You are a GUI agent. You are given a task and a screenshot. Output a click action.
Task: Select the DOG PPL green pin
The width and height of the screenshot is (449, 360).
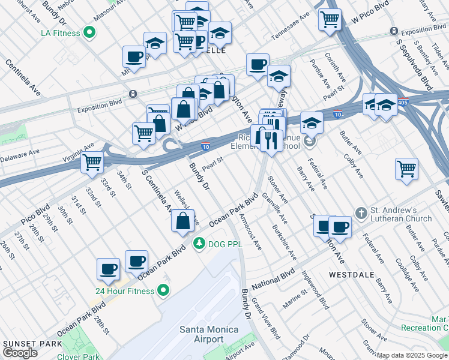click(x=198, y=244)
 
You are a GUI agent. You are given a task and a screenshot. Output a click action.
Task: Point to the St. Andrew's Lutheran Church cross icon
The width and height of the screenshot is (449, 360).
click(x=361, y=213)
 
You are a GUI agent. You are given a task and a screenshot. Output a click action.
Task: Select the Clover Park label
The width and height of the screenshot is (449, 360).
click(x=78, y=356)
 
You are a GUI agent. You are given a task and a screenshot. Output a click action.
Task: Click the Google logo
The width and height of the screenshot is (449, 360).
click(x=20, y=353)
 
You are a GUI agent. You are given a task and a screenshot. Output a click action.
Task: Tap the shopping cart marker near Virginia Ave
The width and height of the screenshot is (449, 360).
click(x=92, y=161)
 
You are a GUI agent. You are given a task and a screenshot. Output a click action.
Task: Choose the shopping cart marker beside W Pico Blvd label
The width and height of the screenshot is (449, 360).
click(x=330, y=19)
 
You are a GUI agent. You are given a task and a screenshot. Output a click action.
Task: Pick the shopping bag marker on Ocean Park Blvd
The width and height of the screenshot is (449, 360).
click(x=183, y=220)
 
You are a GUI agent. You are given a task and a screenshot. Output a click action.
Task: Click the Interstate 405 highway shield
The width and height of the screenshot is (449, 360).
click(x=404, y=101)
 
